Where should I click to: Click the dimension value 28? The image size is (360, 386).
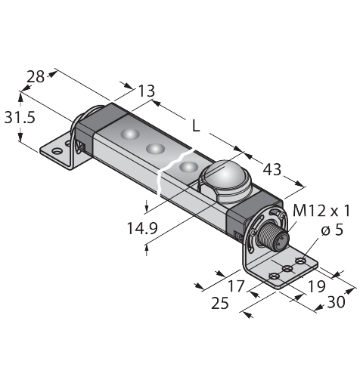click(x=36, y=76)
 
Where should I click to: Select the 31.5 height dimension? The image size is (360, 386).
click(x=20, y=117)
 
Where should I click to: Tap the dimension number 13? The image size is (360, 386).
click(x=147, y=91)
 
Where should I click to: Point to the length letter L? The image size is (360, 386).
click(x=196, y=125)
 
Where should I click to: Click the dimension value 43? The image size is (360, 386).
click(x=272, y=169)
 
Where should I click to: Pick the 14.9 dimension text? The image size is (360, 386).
click(x=142, y=228)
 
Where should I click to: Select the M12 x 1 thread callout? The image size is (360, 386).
click(x=321, y=211)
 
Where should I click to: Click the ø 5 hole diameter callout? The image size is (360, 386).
click(x=332, y=230)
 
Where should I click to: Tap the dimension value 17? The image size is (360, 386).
click(x=236, y=286)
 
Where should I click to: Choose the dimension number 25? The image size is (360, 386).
click(x=220, y=303)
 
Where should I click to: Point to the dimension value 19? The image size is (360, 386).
click(x=317, y=286)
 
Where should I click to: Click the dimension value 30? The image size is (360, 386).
click(x=336, y=302)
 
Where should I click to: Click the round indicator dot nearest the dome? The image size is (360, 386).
click(x=188, y=167)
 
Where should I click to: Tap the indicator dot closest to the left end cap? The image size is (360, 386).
click(x=130, y=134)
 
